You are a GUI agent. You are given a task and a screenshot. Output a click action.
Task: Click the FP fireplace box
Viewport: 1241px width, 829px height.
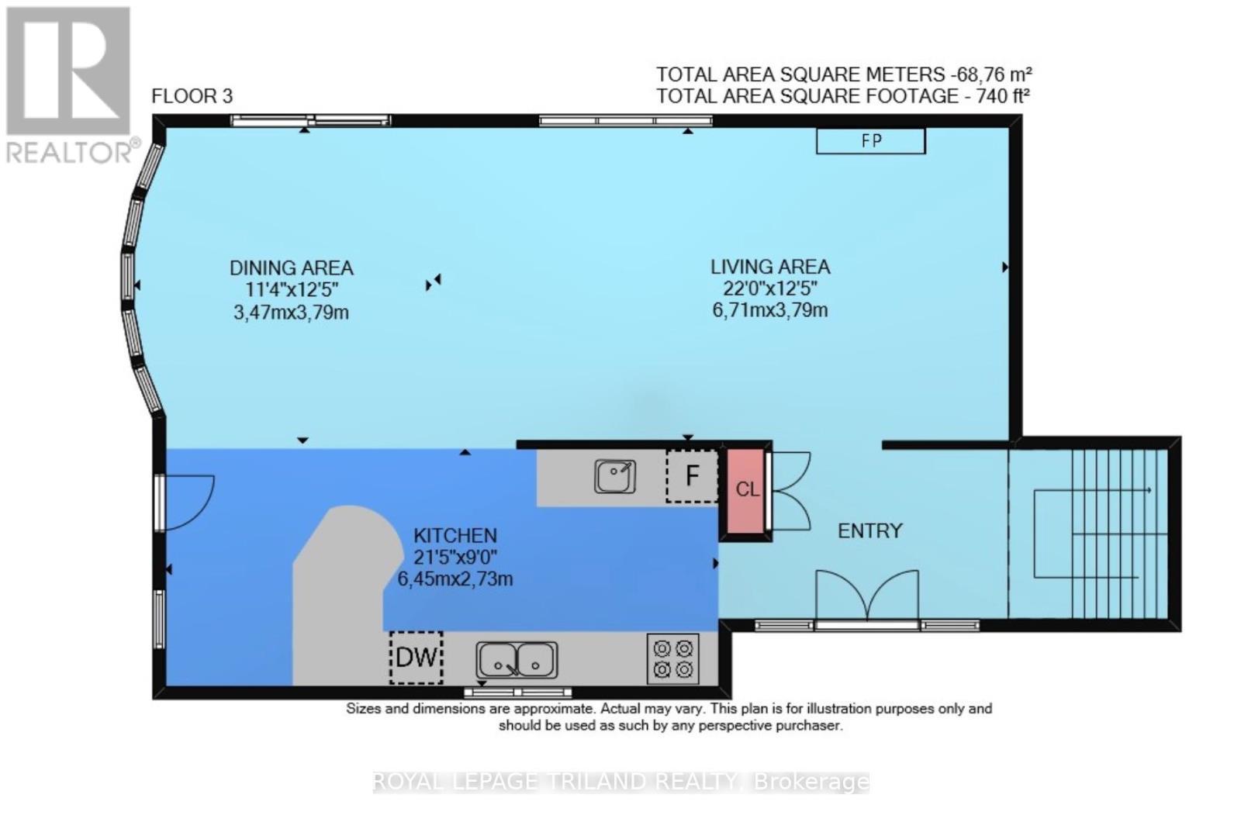pyautogui.click(x=870, y=141)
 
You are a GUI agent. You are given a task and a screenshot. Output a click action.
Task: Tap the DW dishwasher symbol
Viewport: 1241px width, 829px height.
pyautogui.click(x=417, y=658)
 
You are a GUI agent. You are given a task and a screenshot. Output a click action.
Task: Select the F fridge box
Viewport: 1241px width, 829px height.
pyautogui.click(x=692, y=475)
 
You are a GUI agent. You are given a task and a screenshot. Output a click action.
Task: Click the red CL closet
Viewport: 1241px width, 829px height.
pyautogui.click(x=746, y=489)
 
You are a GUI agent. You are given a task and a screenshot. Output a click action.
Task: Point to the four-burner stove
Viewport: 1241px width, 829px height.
pyautogui.click(x=672, y=658)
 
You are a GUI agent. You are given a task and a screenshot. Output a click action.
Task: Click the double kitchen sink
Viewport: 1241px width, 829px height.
pyautogui.click(x=517, y=661)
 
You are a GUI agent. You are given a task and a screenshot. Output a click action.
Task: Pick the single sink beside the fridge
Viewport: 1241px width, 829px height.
pyautogui.click(x=615, y=476)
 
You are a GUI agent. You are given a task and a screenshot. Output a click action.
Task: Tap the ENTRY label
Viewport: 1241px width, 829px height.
pyautogui.click(x=869, y=531)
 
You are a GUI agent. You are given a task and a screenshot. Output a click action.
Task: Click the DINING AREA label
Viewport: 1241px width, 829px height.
pyautogui.click(x=291, y=268)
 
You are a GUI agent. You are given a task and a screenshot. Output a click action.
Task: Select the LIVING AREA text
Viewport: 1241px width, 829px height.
pyautogui.click(x=769, y=267)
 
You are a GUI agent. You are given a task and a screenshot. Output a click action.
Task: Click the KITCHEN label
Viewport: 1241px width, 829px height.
pyautogui.click(x=455, y=535)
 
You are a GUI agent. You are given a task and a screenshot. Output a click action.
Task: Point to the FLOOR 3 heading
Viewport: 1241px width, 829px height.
pyautogui.click(x=192, y=96)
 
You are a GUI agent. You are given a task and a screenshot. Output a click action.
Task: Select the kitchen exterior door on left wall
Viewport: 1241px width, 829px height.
pyautogui.click(x=185, y=503)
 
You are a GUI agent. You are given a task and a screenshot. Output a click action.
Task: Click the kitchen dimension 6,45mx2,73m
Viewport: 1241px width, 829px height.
pyautogui.click(x=455, y=579)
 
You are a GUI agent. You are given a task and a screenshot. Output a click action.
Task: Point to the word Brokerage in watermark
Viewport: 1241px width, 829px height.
pyautogui.click(x=811, y=782)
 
